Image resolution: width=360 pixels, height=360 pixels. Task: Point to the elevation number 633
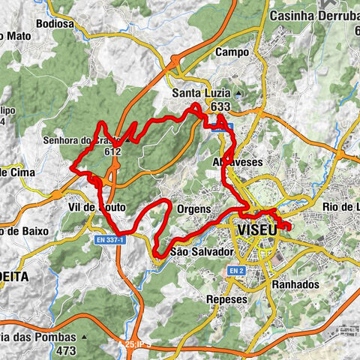point(220,107)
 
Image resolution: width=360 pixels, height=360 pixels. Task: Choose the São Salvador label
point(202,251)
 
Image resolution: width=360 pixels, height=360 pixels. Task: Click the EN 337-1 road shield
point(109,238)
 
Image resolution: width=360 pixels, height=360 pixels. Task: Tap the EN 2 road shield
point(237,270)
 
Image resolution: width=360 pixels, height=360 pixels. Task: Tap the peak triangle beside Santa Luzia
point(237,93)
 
